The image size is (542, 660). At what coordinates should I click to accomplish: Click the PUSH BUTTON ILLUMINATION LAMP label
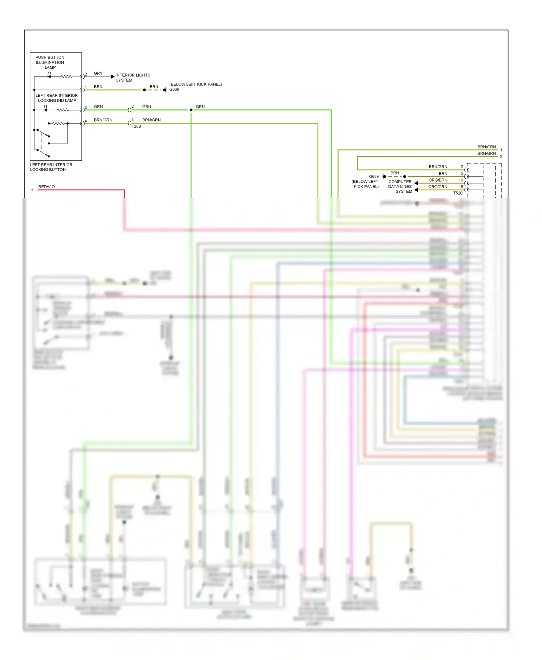click(50, 62)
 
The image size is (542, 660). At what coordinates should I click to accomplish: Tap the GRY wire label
click(98, 73)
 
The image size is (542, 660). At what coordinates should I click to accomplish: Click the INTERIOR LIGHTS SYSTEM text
click(133, 78)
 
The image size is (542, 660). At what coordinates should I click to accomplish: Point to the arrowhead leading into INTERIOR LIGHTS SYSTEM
click(112, 77)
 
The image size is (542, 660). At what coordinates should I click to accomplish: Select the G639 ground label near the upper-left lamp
click(174, 90)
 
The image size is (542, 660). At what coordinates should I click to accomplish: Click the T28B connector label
click(136, 126)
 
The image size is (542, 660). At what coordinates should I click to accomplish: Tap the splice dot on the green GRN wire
click(191, 110)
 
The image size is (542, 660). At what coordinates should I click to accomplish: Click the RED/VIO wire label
click(46, 187)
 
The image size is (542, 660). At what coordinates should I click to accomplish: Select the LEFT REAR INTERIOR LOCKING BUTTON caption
click(51, 167)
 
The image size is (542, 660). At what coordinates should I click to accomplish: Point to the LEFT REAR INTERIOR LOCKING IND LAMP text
click(57, 98)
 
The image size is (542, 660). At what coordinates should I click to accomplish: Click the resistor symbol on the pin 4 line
click(58, 123)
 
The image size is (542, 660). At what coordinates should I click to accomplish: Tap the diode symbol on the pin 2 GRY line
click(49, 77)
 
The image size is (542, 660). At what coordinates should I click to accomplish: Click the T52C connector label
click(458, 193)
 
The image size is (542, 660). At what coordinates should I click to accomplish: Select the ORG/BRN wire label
click(438, 180)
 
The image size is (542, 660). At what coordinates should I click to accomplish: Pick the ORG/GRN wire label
click(438, 187)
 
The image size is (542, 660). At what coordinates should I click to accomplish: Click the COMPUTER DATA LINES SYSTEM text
click(400, 187)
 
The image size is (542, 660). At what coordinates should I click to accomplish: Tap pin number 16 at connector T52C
click(461, 180)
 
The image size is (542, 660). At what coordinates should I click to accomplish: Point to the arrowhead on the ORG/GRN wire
click(416, 190)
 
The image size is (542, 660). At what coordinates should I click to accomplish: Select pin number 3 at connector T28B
click(133, 120)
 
